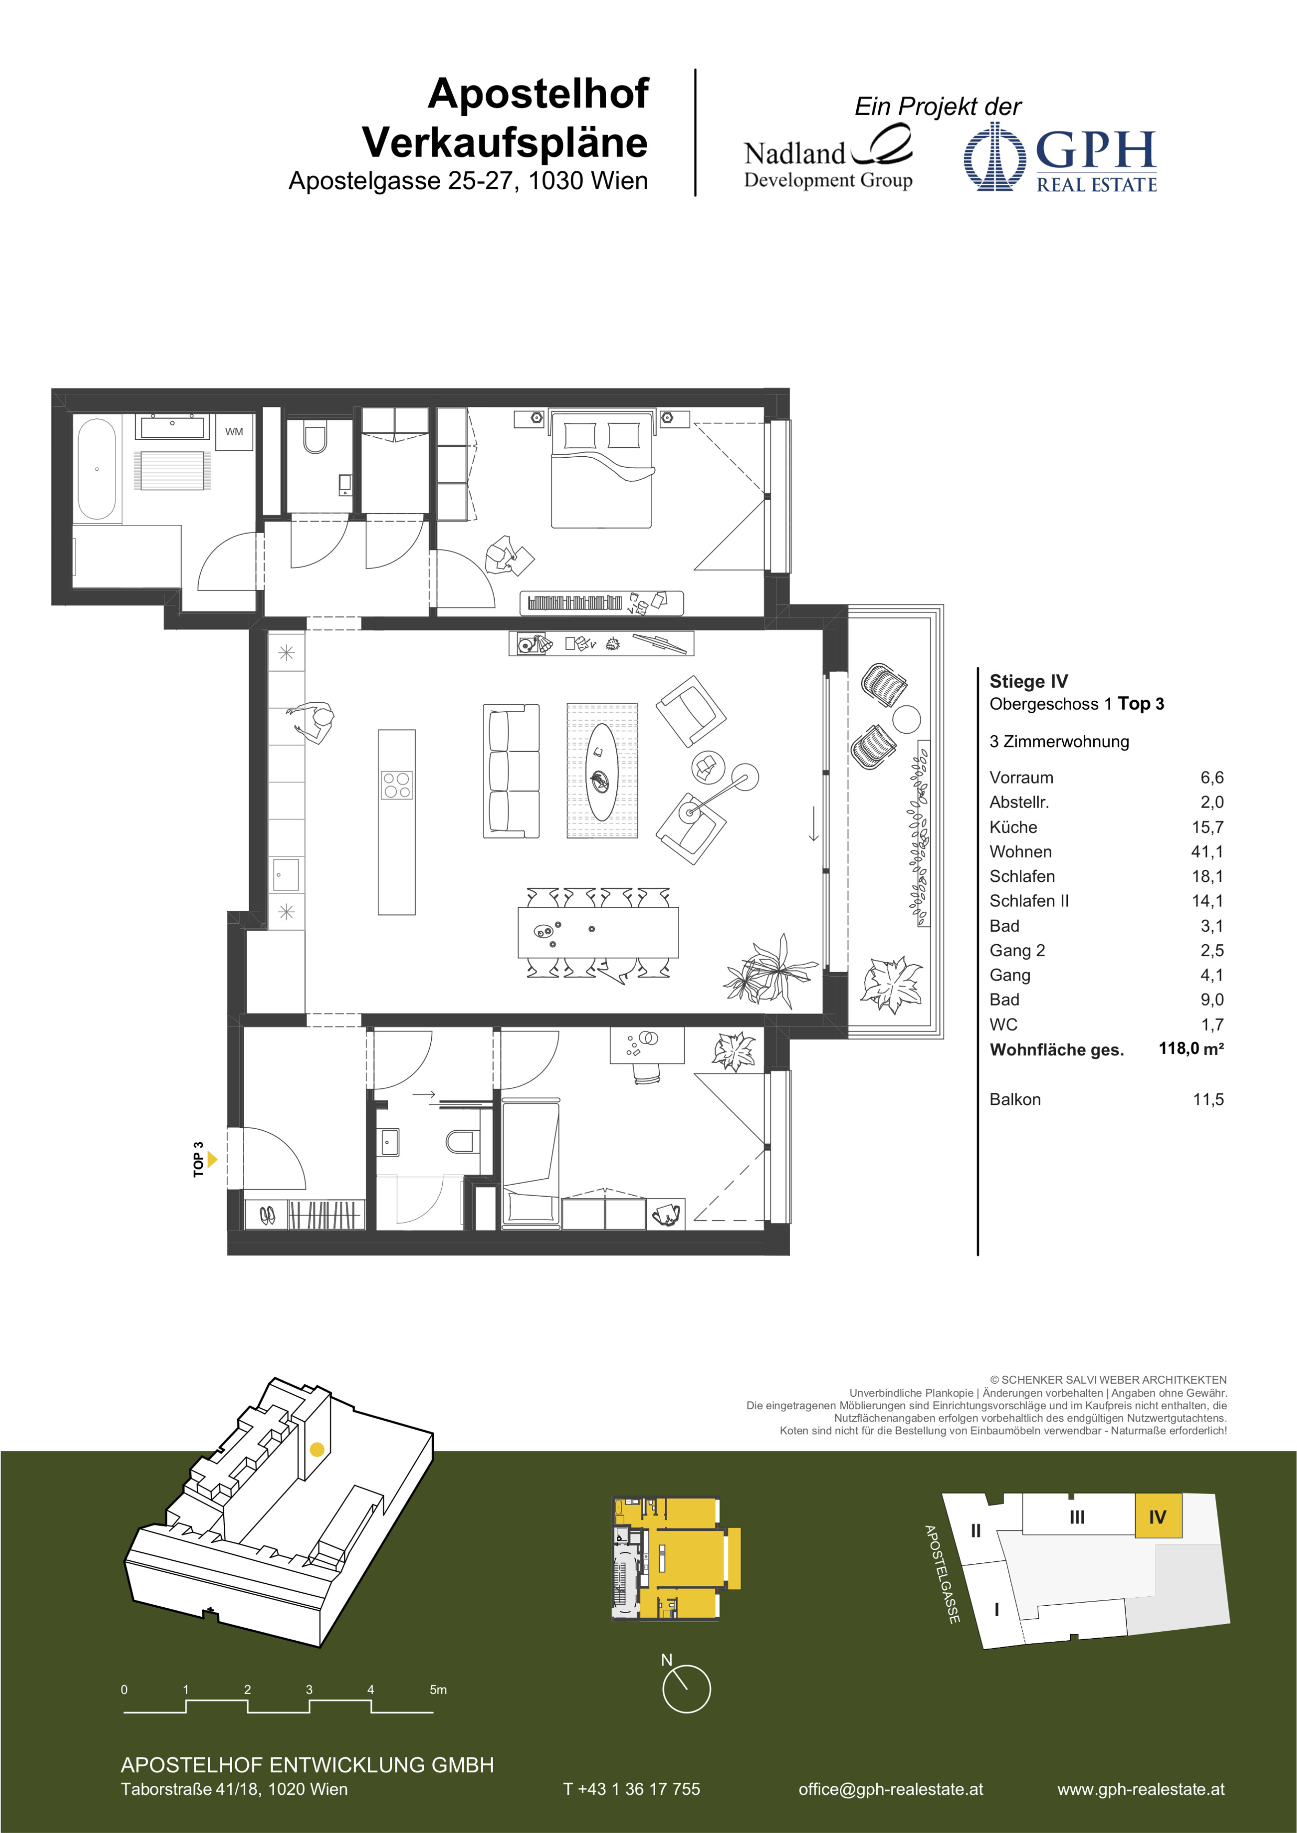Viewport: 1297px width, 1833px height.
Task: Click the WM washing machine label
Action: [x=234, y=432]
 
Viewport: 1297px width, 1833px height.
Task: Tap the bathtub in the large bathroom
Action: [x=96, y=469]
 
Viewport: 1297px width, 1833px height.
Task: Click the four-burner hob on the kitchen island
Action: [x=397, y=785]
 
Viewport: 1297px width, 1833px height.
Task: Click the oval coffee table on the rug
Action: [x=601, y=772]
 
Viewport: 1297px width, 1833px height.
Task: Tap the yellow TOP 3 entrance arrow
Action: [x=212, y=1159]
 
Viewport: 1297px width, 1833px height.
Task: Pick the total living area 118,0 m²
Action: [x=1191, y=1048]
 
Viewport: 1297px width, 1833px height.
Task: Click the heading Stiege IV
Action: [x=1029, y=681]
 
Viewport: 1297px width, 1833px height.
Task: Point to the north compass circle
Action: [x=686, y=1688]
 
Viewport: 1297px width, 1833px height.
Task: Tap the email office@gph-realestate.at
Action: [x=890, y=1789]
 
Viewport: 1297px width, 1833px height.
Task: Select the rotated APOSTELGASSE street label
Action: [x=942, y=1574]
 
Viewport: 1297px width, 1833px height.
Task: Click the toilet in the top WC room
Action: [x=315, y=438]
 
